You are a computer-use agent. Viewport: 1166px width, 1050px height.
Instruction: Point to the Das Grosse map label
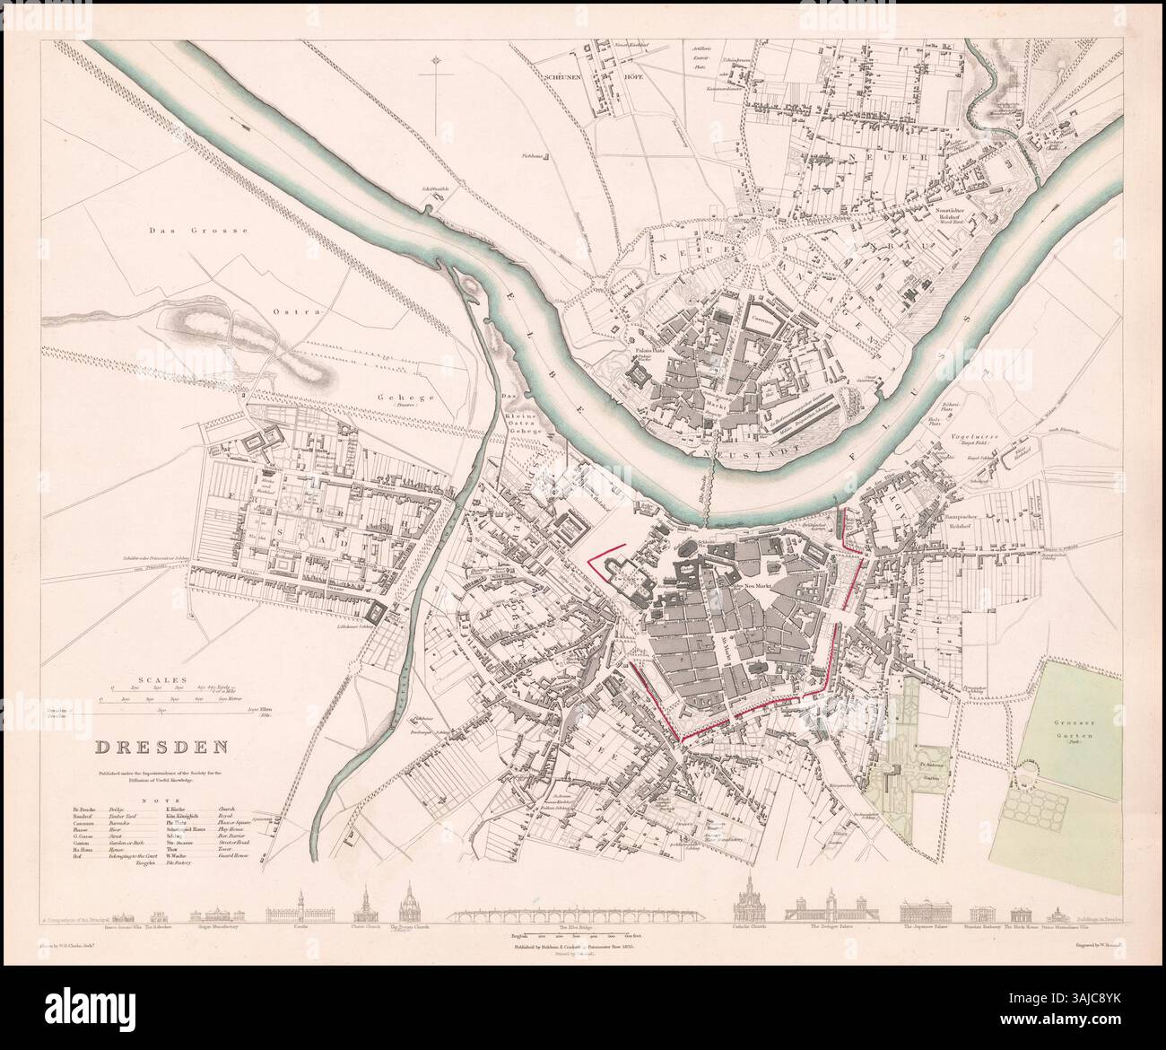(197, 232)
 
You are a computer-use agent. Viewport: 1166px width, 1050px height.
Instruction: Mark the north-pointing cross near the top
(436, 90)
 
